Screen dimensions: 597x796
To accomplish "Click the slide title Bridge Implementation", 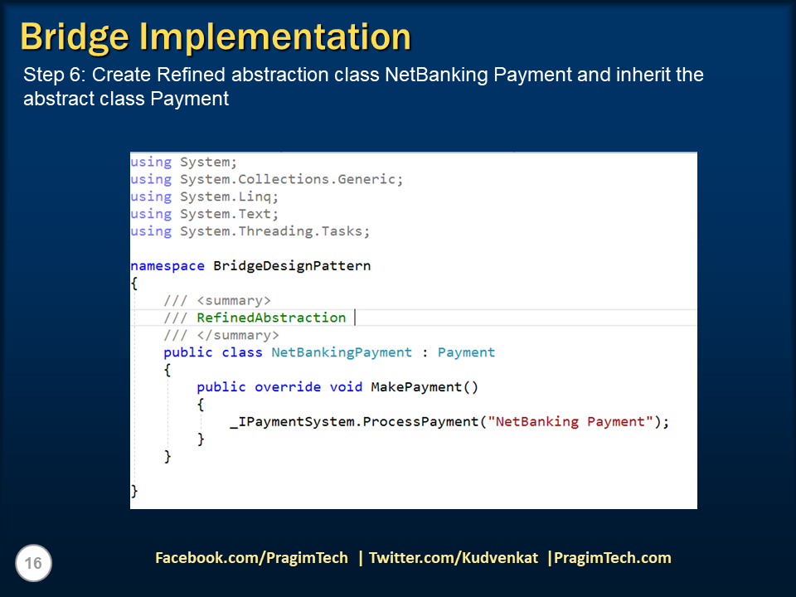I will pos(216,37).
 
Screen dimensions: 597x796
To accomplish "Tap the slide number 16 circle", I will pos(34,564).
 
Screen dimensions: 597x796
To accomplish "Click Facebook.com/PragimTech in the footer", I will pos(251,558).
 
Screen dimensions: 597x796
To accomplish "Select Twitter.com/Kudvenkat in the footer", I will pos(454,558).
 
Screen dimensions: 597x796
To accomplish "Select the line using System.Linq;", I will pos(205,197).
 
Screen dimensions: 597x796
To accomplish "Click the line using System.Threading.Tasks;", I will pos(250,231).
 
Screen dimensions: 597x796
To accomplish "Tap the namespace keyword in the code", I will pos(167,266).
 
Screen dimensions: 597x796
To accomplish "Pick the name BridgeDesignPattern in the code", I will pos(292,266).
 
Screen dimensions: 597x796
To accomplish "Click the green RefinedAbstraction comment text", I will pos(271,318).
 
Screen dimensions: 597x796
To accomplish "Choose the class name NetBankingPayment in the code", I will pos(342,352).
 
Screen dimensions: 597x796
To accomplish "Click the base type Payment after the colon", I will pos(466,352).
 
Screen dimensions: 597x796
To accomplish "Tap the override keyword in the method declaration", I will pos(288,387).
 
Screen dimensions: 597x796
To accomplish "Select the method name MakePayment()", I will pos(425,387).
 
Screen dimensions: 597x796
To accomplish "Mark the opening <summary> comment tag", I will pos(234,300).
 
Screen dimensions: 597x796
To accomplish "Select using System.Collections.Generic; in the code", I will pos(267,179).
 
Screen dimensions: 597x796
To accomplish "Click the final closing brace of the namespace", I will pos(134,491).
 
